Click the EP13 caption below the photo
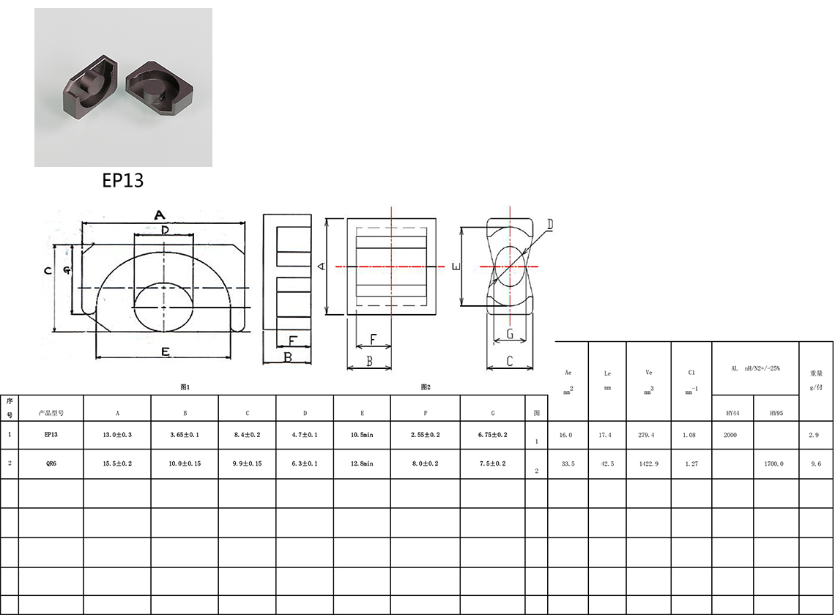tap(122, 181)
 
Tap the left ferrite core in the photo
tap(91, 85)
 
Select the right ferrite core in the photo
tap(159, 88)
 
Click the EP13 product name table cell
tap(51, 434)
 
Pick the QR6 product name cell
tap(51, 463)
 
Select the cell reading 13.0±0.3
tap(117, 434)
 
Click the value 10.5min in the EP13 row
tap(362, 434)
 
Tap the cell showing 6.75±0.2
tap(493, 434)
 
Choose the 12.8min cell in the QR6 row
tap(362, 463)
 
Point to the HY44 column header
tap(732, 413)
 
